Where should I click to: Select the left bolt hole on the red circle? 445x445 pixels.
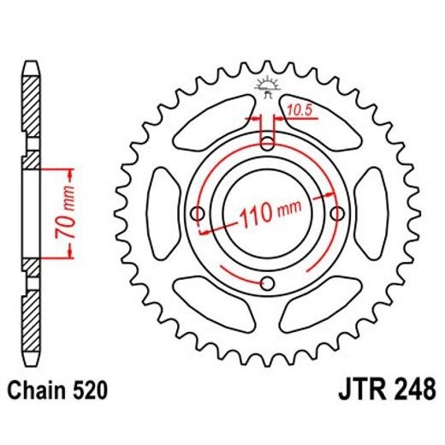click(199, 212)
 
